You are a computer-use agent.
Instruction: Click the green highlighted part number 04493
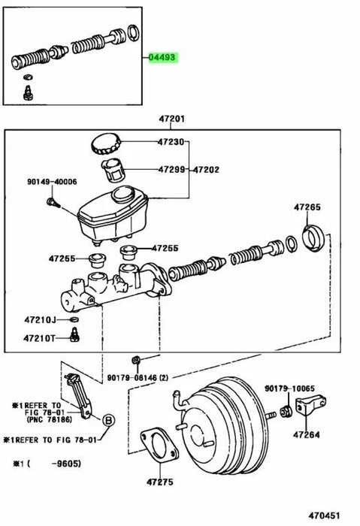tap(162, 57)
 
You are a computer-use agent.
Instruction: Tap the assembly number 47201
tap(171, 119)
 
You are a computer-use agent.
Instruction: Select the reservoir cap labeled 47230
tap(106, 144)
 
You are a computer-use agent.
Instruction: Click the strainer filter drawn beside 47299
tap(113, 170)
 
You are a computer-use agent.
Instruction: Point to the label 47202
tap(207, 170)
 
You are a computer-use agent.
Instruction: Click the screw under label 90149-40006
tap(53, 203)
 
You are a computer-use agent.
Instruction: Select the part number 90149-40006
tap(52, 182)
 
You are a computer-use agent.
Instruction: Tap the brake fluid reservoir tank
tap(113, 216)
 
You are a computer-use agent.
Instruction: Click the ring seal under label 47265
tap(313, 237)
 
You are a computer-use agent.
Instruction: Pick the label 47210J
tap(40, 319)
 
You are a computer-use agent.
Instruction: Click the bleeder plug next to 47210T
tap(75, 335)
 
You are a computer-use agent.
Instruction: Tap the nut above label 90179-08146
tap(135, 361)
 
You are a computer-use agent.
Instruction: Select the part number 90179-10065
tap(289, 388)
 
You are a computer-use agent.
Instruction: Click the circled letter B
tap(108, 420)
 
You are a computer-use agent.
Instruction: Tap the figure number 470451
tap(324, 515)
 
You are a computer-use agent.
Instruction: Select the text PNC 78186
tap(49, 419)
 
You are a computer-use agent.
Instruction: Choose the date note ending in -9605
tap(47, 464)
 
